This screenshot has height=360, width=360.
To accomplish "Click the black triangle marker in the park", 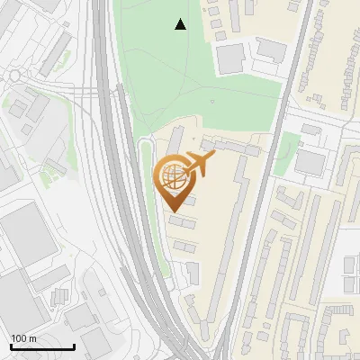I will coord(180,24).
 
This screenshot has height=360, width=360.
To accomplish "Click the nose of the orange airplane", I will coord(214,155).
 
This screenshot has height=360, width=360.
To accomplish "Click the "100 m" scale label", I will coord(23,338).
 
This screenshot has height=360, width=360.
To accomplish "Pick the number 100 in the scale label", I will coord(19,338).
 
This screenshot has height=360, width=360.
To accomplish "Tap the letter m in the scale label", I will coord(32,338).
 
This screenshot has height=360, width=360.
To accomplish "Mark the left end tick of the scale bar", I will coord(11,345).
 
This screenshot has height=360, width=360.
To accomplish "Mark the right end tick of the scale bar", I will coord(74,345).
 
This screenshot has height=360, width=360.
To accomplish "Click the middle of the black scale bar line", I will coord(42,347).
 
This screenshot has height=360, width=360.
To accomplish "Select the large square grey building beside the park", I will coord(230,58).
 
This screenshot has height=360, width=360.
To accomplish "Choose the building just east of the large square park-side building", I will coord(270,50).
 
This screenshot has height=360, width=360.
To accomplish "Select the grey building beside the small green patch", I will coord(309,162).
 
